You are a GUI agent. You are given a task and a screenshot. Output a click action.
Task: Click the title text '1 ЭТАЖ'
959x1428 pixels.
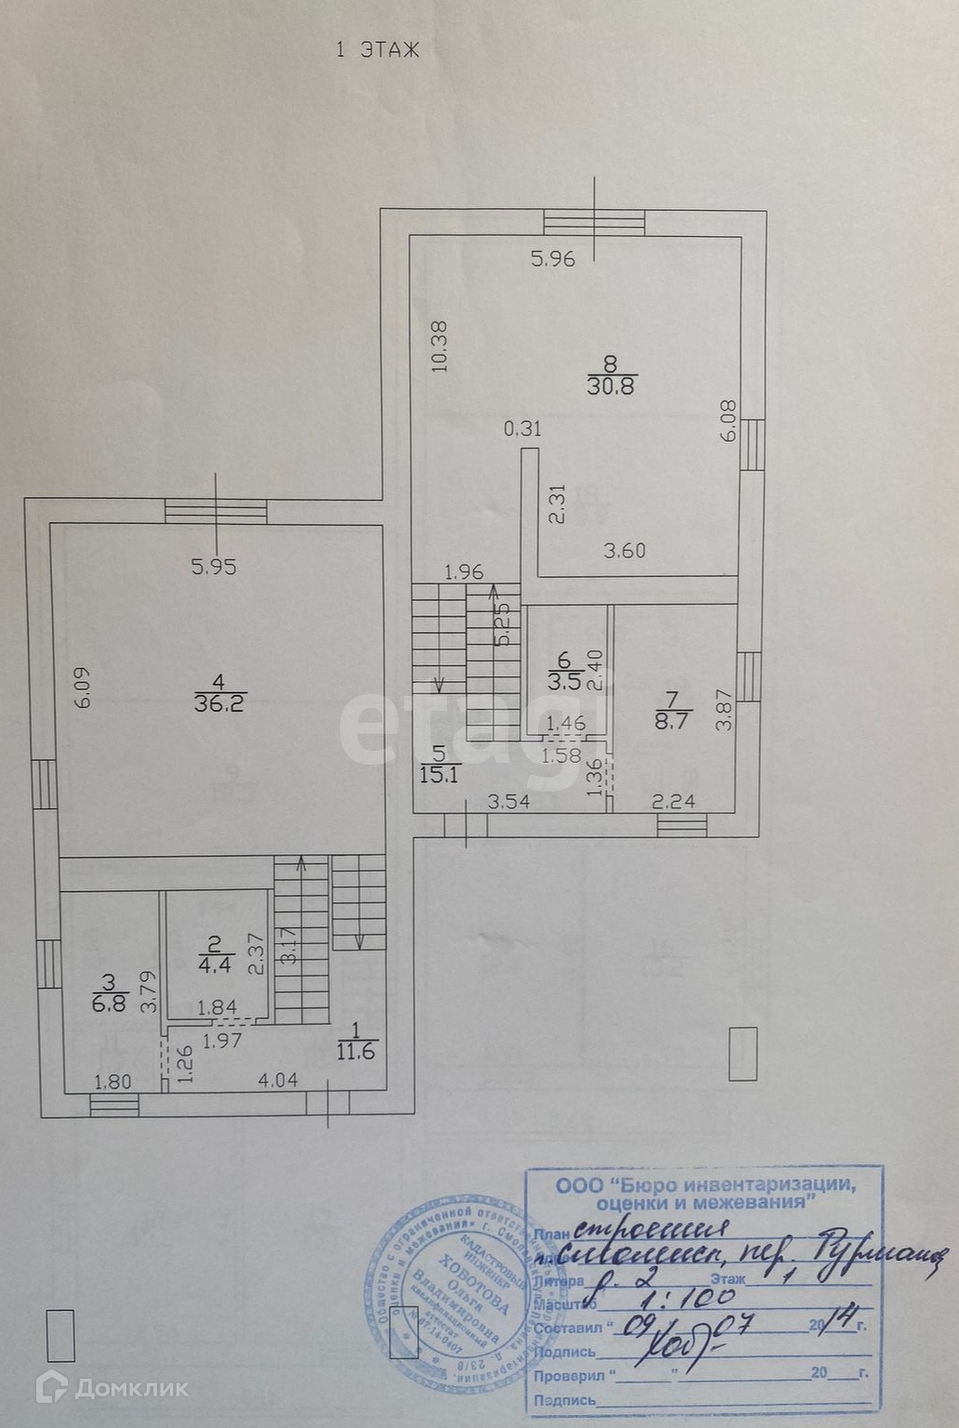[376, 50]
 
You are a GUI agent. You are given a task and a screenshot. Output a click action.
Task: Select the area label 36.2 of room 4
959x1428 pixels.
[219, 703]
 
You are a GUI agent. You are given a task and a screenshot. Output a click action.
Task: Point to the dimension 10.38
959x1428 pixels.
[440, 346]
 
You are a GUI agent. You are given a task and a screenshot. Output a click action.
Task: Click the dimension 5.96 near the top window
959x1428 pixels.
[553, 259]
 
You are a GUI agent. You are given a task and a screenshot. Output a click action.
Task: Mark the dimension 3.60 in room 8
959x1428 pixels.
[624, 551]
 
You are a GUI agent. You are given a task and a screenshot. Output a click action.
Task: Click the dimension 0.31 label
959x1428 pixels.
[522, 429]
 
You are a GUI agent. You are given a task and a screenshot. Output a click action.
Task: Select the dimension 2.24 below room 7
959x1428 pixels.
[675, 801]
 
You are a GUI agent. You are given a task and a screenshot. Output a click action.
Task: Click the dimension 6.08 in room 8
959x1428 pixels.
[729, 421]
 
